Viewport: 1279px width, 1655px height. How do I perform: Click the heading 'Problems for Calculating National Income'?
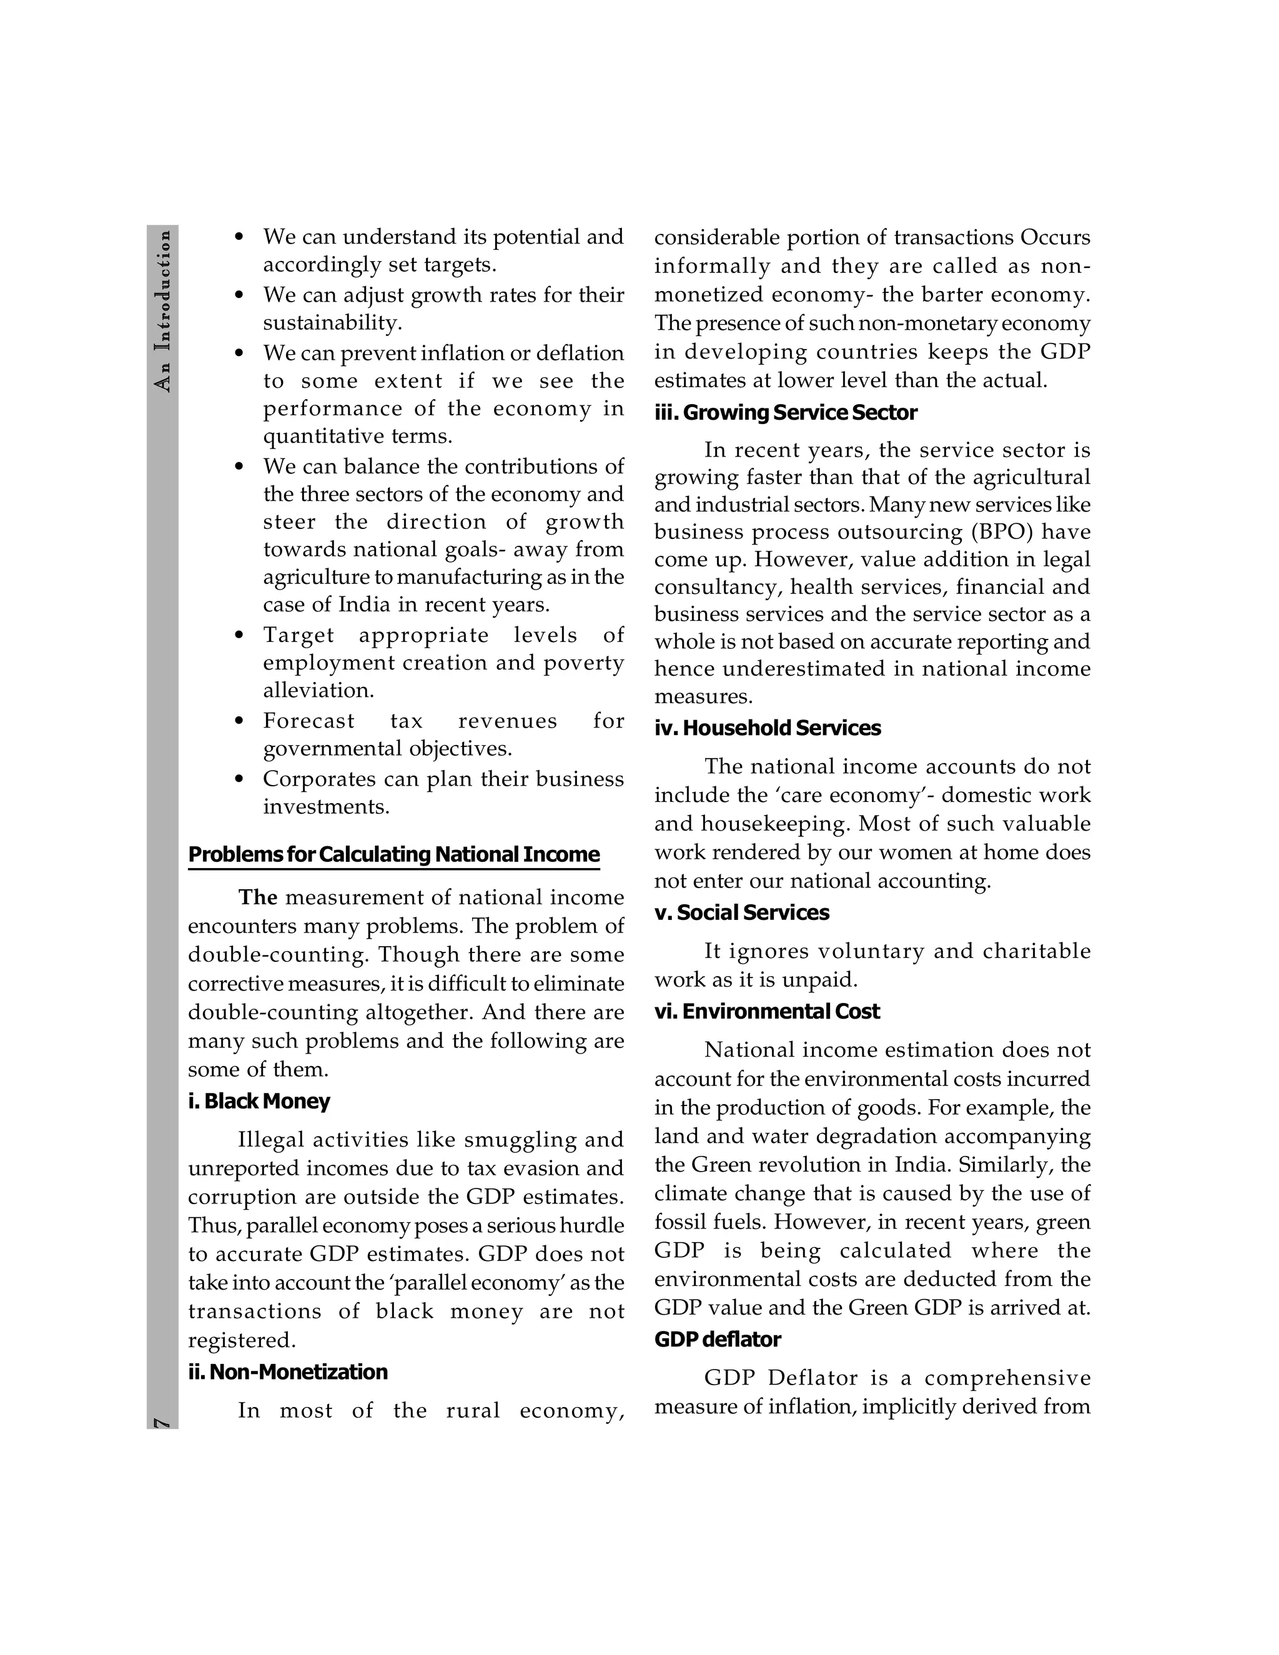click(393, 855)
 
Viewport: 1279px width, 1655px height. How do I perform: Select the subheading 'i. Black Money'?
click(259, 1101)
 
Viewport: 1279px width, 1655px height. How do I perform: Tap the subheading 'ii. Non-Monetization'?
click(288, 1371)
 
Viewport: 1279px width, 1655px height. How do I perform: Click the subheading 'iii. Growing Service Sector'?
click(786, 413)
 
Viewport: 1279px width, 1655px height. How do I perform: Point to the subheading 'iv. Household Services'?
click(768, 728)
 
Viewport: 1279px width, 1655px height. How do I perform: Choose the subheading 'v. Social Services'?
click(742, 912)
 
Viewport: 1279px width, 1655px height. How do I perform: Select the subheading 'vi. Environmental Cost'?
click(767, 1012)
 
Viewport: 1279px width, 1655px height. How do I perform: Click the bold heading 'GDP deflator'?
click(718, 1340)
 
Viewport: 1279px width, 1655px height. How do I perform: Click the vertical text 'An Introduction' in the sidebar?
click(162, 310)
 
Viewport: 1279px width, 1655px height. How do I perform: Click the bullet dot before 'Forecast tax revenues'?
click(239, 721)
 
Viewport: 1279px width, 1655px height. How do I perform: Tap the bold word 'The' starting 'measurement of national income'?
click(258, 898)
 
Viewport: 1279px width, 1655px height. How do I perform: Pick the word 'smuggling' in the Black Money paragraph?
click(521, 1140)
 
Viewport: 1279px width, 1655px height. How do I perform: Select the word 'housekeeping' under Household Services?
click(773, 824)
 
